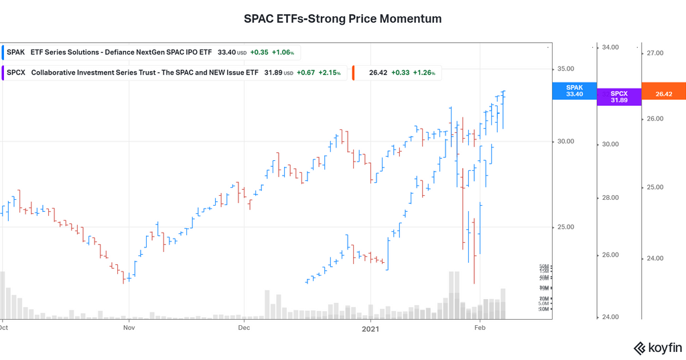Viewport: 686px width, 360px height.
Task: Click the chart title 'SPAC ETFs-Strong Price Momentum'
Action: (342, 19)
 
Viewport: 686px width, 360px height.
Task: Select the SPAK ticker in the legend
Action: (16, 52)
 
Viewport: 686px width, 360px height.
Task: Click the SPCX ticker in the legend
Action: (16, 73)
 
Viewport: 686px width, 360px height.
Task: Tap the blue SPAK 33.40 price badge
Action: (574, 91)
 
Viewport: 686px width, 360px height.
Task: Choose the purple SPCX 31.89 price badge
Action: (619, 97)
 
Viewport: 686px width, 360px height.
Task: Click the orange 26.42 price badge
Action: (663, 94)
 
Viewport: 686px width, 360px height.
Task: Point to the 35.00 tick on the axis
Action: (566, 69)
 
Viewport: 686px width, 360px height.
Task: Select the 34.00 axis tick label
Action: (610, 48)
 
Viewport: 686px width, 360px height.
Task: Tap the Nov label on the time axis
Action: (129, 328)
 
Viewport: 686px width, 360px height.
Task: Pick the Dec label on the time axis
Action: (243, 328)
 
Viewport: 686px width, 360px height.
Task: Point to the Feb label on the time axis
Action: (480, 328)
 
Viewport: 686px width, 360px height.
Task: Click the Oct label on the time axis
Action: (4, 328)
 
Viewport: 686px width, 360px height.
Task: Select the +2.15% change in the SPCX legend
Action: (330, 73)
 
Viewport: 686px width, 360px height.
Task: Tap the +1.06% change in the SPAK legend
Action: (282, 52)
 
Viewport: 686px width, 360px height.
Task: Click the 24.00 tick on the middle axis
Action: (610, 317)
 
